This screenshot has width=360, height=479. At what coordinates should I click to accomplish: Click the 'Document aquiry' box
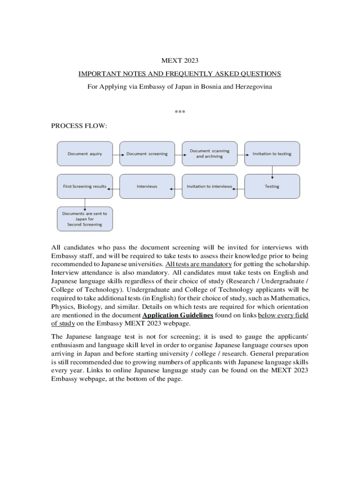point(85,153)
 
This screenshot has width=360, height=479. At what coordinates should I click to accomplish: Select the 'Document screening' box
point(147,153)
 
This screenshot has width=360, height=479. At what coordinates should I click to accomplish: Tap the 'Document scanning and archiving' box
point(209,153)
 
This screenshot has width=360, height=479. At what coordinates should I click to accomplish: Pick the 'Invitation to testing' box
point(272,153)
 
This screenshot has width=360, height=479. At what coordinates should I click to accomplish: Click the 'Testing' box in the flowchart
point(272,186)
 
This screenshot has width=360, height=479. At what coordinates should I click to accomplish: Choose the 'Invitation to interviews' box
point(209,186)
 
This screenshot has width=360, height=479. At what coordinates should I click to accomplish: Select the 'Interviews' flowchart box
point(147,186)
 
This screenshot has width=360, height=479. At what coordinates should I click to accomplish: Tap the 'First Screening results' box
point(85,186)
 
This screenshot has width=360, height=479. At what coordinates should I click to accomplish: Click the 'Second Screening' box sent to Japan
point(85,219)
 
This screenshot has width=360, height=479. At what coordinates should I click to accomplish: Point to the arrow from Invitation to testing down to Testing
point(272,170)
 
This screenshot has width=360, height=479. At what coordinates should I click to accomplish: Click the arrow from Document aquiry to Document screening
point(116,153)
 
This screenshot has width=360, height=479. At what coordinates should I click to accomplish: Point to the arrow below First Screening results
point(85,202)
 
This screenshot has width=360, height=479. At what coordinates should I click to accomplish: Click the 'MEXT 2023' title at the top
point(180,60)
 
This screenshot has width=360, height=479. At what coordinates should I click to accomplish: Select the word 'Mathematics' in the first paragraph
point(288,298)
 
